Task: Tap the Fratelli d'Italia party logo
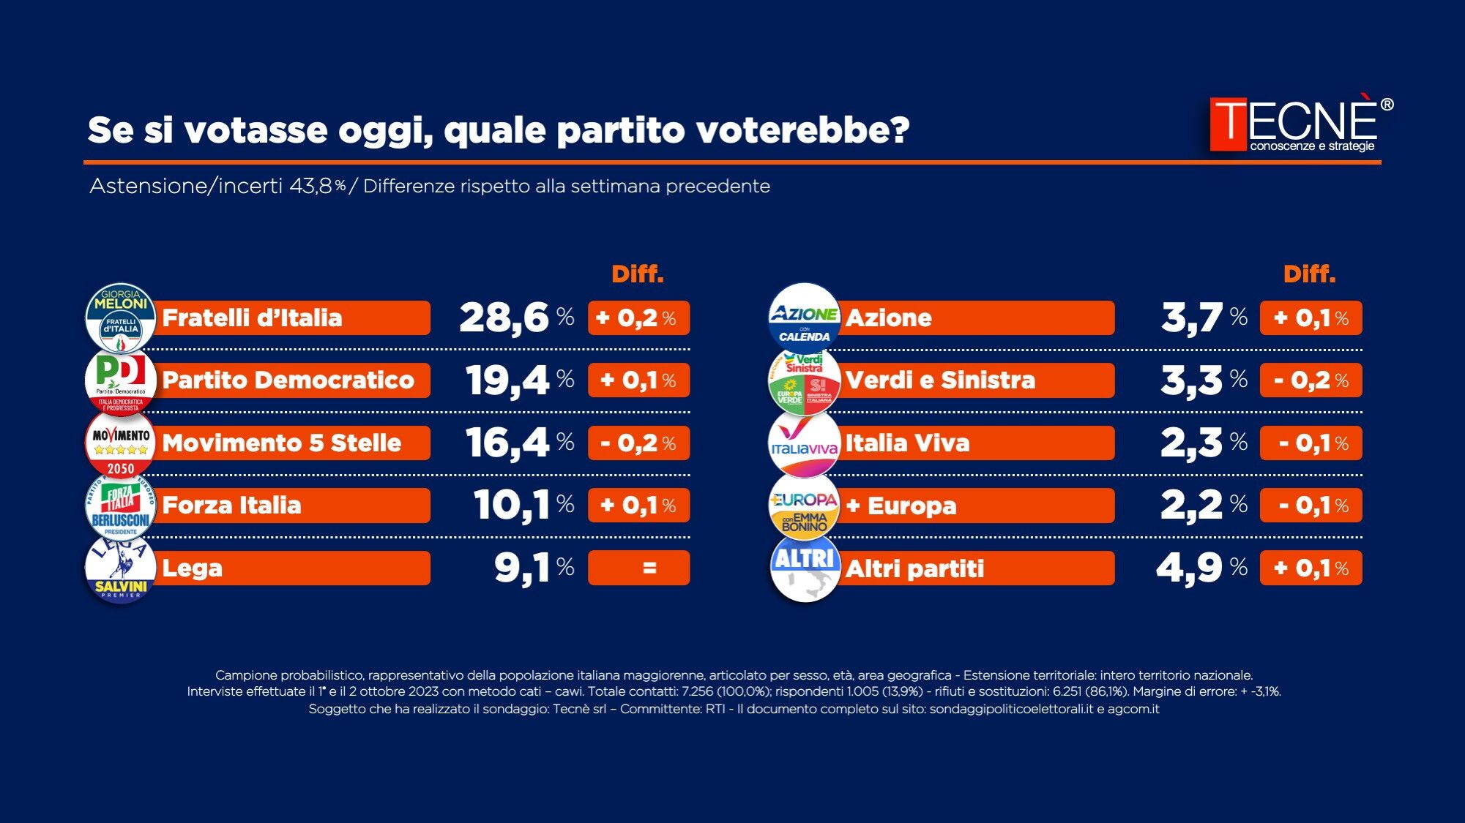121,317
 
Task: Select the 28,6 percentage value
504,318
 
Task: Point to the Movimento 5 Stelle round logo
121,443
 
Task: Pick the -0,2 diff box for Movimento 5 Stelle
638,443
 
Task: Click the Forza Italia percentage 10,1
511,506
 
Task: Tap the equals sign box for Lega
638,568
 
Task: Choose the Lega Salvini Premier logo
121,568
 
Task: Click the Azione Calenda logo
804,317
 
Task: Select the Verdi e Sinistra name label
940,380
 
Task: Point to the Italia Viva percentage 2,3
1191,443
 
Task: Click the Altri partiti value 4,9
1189,568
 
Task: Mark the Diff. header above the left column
638,274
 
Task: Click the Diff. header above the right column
1309,274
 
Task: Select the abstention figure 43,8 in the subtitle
311,187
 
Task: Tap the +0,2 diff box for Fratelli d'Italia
638,318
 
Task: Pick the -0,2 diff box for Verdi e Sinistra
1311,380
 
